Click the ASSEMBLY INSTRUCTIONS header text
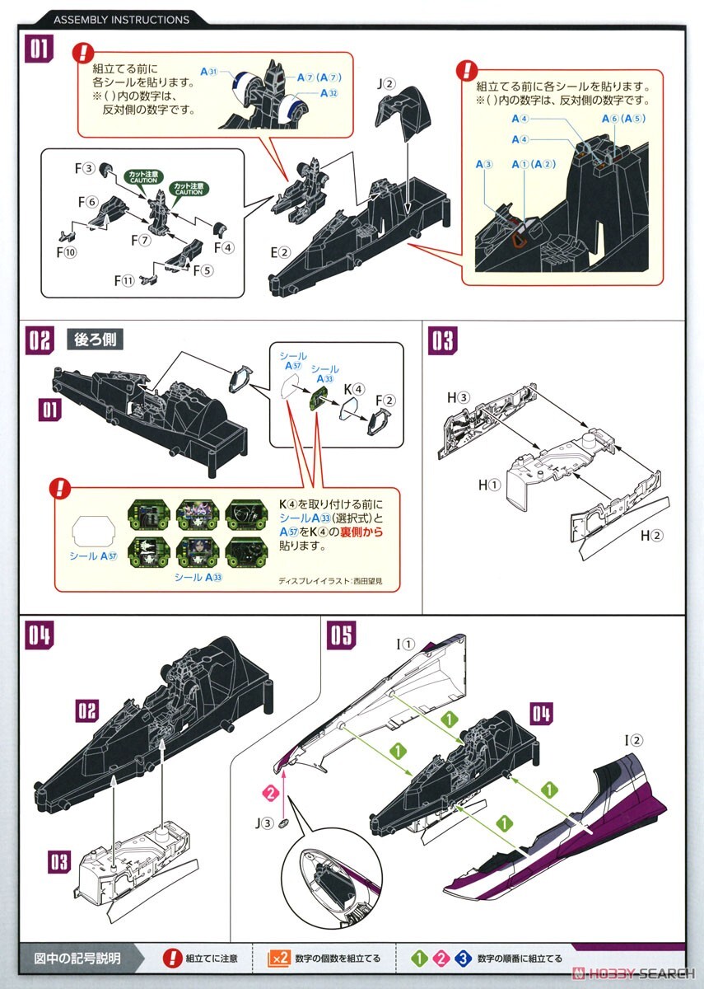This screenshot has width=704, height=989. pos(121,19)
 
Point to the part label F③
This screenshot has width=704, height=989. pos(86,168)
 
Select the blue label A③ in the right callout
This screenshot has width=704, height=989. pos(483,165)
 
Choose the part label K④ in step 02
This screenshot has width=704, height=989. pos(353,387)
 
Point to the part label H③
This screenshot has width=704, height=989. pos(458,398)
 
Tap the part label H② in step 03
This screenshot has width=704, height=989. pos(651,536)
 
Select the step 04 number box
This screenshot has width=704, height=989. pos(40,635)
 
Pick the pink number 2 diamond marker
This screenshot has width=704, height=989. pos(267,793)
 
